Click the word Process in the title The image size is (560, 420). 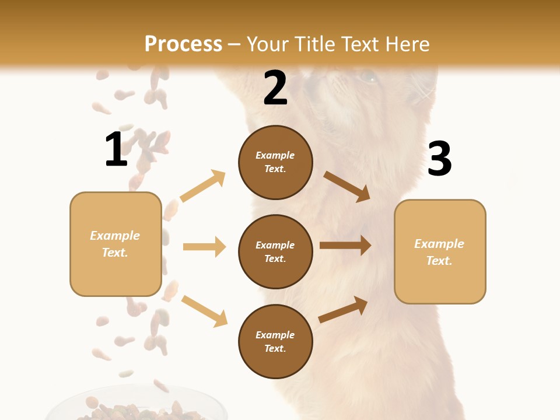click(183, 44)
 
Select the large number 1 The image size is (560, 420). click(116, 149)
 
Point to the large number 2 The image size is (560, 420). click(275, 89)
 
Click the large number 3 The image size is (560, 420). click(439, 159)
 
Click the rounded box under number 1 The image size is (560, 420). click(116, 244)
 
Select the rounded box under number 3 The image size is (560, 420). click(440, 252)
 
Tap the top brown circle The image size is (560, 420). click(275, 162)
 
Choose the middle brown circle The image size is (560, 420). click(275, 251)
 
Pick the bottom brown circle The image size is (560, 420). click(275, 341)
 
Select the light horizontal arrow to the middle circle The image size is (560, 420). click(204, 247)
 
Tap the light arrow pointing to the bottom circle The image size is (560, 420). click(204, 311)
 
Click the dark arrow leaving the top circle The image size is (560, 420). click(346, 186)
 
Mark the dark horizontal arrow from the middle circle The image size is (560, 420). click(345, 246)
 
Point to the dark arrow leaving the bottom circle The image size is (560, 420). click(343, 310)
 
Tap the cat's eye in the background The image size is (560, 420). click(367, 76)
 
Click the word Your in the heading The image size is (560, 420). click(269, 44)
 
